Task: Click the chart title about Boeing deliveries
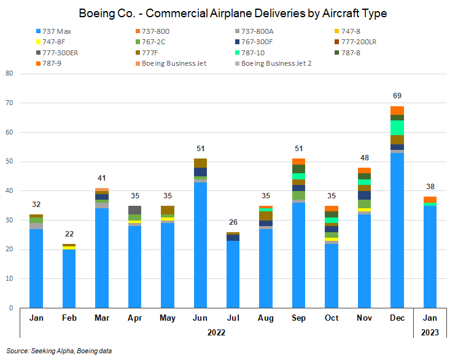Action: click(233, 13)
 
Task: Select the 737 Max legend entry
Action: click(58, 31)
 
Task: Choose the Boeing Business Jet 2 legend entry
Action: click(276, 63)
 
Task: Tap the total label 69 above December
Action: click(397, 96)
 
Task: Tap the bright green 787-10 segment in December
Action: click(397, 128)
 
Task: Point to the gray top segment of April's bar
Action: click(134, 210)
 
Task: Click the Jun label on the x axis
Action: click(200, 318)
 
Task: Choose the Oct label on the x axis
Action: click(332, 318)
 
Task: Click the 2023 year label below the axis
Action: click(430, 332)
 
